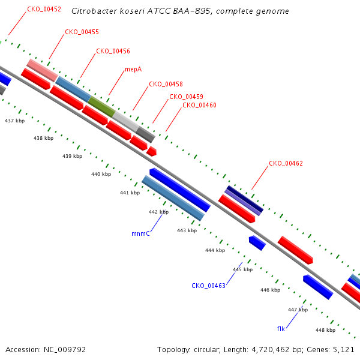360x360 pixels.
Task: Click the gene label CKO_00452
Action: [44, 9]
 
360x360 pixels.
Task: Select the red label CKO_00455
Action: [82, 32]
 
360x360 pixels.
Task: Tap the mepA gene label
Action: [133, 70]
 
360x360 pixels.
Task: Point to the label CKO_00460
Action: [199, 105]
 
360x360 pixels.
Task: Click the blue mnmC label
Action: [140, 233]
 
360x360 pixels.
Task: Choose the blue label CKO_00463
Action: [208, 286]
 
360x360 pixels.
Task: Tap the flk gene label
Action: [281, 329]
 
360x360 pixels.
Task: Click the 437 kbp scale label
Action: [14, 121]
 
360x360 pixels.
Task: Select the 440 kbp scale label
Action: [101, 174]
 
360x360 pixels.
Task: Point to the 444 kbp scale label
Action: [215, 250]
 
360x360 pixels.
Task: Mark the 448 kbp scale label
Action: [325, 330]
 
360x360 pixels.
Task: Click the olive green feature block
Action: [101, 107]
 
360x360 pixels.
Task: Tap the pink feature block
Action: [42, 70]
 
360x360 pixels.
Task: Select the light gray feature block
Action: [126, 122]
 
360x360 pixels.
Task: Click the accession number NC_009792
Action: [65, 350]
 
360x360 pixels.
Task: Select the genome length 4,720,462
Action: [271, 350]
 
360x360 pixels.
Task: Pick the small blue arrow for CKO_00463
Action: [257, 243]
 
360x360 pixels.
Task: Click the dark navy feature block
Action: [245, 199]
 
